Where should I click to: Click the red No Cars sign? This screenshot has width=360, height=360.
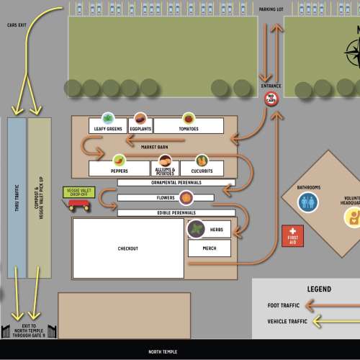tap(272, 99)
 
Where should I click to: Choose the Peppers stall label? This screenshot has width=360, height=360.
tap(120, 171)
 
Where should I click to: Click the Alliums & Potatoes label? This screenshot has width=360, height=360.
tap(165, 171)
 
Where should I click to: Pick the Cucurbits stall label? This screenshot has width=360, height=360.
tap(202, 171)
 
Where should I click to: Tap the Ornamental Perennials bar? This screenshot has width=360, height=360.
tap(176, 183)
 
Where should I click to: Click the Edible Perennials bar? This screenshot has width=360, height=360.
tap(176, 212)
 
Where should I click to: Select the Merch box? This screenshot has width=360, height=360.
tap(210, 248)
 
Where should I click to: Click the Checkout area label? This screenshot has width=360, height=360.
tap(127, 249)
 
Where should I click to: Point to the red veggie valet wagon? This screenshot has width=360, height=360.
tap(78, 204)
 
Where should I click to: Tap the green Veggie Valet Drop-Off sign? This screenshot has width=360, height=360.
tap(77, 192)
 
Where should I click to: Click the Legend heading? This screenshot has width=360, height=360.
tap(319, 289)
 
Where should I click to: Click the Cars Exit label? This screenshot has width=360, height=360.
tap(18, 24)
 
